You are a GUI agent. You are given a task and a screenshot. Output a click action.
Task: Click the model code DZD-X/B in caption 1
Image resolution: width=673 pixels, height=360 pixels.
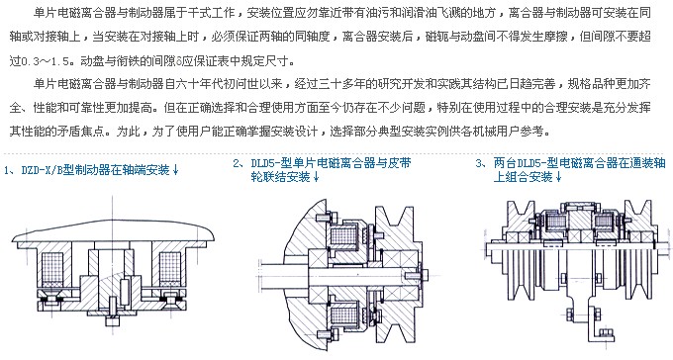(x=42, y=170)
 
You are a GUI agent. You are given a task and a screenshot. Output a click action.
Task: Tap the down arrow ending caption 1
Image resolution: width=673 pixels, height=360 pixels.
(x=175, y=171)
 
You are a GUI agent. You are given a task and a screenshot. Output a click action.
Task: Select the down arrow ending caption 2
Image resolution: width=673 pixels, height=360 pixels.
(x=316, y=177)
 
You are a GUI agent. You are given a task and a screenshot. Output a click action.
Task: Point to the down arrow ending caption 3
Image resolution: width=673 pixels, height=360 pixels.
(x=558, y=177)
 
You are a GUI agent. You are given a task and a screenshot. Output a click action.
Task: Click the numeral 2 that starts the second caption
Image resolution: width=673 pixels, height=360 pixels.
(x=237, y=163)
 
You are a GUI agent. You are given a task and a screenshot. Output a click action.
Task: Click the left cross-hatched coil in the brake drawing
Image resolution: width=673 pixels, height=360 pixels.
(x=51, y=268)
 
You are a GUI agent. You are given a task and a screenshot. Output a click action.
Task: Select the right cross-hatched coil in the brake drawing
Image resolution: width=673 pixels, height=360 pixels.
(x=170, y=268)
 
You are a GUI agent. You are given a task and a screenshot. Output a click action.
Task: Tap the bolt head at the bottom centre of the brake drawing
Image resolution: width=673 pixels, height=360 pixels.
(x=113, y=321)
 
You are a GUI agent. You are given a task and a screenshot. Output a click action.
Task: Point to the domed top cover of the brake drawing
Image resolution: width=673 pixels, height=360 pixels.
(x=113, y=230)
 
